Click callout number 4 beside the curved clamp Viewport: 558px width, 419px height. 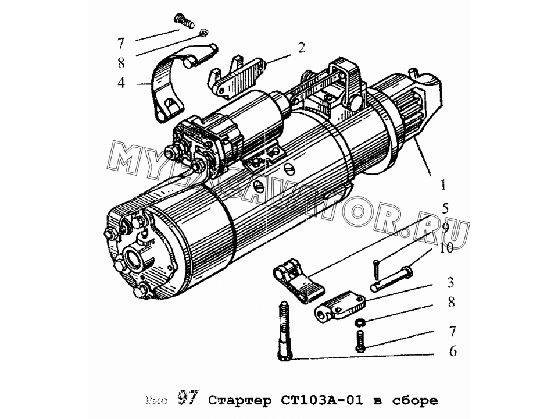(121, 82)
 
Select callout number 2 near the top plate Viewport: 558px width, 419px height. (302, 48)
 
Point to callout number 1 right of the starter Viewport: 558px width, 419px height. (443, 186)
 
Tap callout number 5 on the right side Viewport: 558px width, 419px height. (445, 208)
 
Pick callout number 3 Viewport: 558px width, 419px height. (451, 283)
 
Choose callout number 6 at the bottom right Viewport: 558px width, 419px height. (453, 351)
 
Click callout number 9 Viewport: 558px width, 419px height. (445, 228)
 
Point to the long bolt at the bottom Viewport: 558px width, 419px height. (285, 332)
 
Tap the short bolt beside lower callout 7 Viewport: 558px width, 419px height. (359, 340)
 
